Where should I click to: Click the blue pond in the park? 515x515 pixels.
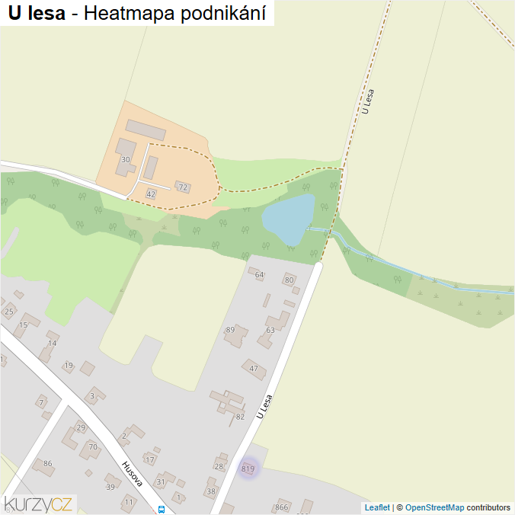(287, 219)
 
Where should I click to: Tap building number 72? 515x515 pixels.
(182, 187)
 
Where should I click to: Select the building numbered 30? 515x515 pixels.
(126, 159)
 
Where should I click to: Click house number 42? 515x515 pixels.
(151, 194)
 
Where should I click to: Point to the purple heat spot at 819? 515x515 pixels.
(248, 469)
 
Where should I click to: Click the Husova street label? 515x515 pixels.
(133, 473)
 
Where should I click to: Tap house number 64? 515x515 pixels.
(259, 274)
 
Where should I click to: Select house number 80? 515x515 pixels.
(289, 280)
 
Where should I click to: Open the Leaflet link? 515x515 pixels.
(377, 507)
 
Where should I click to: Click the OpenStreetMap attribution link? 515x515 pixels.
(434, 507)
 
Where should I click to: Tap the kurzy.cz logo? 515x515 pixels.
(38, 503)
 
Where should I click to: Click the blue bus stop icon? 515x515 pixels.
(161, 509)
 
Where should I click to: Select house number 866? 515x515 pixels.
(282, 507)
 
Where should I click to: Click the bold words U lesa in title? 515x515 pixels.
(37, 13)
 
